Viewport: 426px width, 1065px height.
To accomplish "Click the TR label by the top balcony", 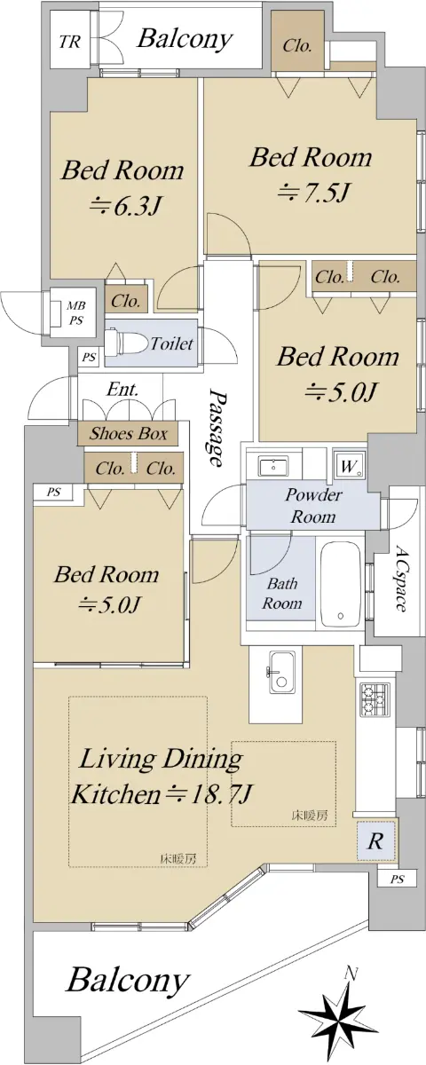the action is (x=70, y=42).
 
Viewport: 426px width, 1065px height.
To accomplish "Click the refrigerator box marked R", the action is (x=375, y=840).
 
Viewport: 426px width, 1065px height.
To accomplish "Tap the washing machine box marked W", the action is (x=350, y=465).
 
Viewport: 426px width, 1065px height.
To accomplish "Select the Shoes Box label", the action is (x=129, y=433).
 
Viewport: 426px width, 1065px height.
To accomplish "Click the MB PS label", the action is (x=75, y=312).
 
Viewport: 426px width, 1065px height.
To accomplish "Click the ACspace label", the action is (x=400, y=580).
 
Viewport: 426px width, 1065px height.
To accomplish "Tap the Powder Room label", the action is (x=312, y=505).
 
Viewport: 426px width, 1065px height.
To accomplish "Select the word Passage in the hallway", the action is (x=217, y=428).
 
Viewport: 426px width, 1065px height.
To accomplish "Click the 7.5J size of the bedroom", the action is (x=314, y=192).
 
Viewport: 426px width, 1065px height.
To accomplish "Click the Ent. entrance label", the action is (x=122, y=390).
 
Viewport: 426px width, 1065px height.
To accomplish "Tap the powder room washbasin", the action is (x=273, y=465).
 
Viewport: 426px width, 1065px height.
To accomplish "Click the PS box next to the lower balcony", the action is (x=398, y=880).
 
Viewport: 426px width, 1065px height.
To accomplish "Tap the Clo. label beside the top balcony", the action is (x=297, y=46).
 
